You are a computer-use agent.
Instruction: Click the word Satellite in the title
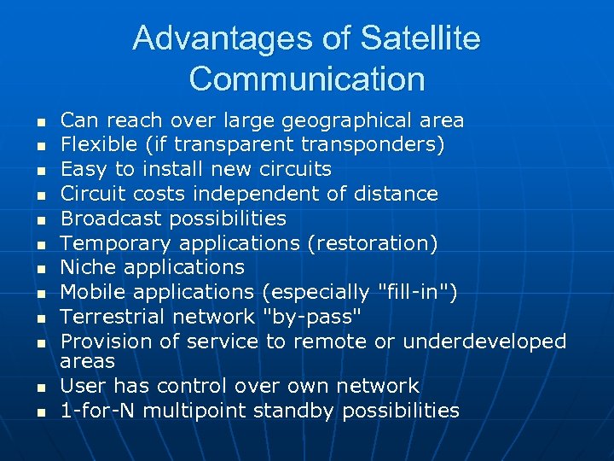[420, 38]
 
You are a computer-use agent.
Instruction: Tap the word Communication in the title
[307, 79]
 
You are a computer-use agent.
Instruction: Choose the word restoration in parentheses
[372, 243]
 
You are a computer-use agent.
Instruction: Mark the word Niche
[89, 268]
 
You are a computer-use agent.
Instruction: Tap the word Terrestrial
[113, 318]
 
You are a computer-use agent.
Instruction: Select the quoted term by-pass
[313, 318]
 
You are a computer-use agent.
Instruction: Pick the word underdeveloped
[484, 341]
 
